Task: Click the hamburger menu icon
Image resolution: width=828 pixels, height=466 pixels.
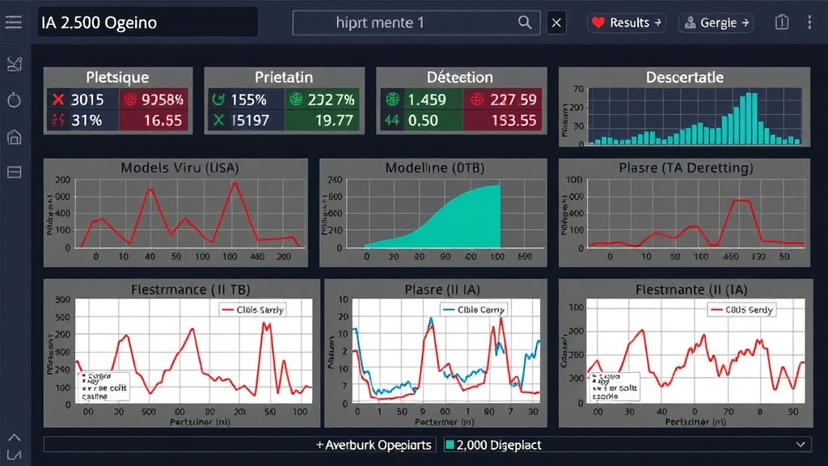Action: tap(14, 23)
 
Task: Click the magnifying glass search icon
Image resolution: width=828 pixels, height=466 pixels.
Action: tap(526, 23)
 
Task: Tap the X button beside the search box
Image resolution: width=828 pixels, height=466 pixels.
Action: tap(556, 23)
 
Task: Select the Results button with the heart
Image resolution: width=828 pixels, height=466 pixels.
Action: tap(627, 23)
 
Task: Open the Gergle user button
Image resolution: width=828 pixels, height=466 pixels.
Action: tap(716, 23)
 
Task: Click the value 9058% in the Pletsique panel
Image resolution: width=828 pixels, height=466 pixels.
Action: tap(154, 100)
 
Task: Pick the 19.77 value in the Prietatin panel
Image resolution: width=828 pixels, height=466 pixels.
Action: tap(332, 121)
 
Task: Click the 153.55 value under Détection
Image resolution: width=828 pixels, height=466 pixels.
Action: tap(513, 121)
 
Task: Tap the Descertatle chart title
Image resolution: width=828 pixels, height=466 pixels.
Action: tap(684, 78)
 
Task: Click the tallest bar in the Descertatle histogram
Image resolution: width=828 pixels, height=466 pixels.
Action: tap(752, 118)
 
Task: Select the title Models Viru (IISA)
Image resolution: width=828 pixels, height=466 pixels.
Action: tap(175, 168)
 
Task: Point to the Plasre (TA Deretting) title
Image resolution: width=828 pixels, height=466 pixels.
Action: tap(685, 168)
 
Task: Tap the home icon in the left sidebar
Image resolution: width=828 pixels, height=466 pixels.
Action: tap(14, 136)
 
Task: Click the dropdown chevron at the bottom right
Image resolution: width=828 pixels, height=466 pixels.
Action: tap(801, 444)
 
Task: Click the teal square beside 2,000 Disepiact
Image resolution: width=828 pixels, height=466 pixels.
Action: tap(450, 445)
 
